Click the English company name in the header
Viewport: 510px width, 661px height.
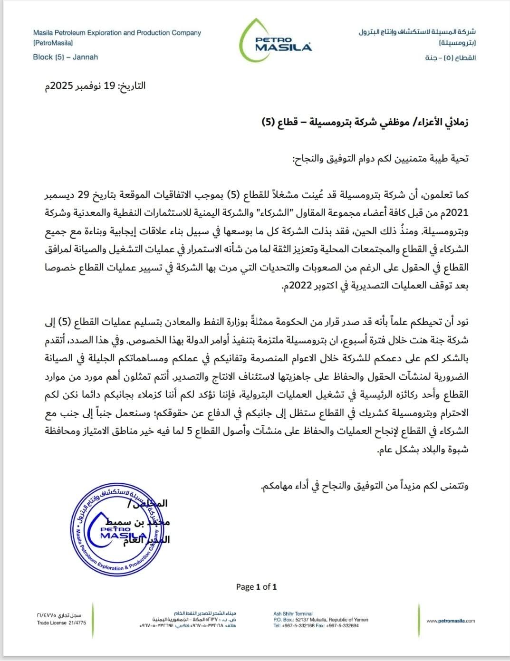point(117,33)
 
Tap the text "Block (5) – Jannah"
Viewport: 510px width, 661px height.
point(66,57)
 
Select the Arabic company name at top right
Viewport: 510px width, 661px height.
point(417,32)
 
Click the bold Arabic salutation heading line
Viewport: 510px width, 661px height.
point(365,122)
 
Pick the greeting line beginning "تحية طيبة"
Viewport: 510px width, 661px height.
point(380,158)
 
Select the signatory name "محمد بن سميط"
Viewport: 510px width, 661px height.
point(143,522)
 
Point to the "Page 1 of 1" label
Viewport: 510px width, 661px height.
point(256,587)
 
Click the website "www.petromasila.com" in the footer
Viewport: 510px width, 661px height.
point(451,621)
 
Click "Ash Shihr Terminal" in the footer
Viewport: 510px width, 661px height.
point(293,614)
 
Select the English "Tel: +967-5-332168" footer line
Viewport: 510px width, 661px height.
point(316,626)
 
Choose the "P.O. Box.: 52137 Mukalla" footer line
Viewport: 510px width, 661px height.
point(320,620)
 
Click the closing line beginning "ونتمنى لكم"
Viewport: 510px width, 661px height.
point(365,486)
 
